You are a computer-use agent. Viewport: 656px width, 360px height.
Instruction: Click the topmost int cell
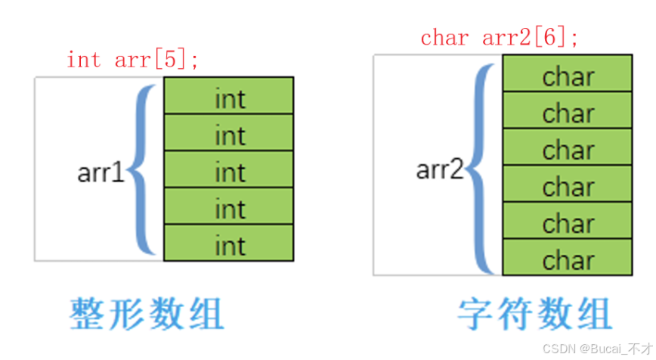pos(229,95)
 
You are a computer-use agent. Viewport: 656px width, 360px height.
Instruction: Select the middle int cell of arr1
pos(229,169)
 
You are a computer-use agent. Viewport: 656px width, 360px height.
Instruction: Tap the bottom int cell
pos(229,243)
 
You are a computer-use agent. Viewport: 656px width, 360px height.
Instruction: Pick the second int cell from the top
pos(229,132)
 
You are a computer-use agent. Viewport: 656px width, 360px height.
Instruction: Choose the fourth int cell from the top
pos(229,206)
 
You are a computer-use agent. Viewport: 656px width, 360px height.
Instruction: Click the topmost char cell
pos(568,73)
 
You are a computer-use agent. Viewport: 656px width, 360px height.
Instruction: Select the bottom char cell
pos(568,257)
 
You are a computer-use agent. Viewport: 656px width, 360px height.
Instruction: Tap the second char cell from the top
pos(568,110)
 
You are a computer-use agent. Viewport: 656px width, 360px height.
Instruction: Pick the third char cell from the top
pos(568,147)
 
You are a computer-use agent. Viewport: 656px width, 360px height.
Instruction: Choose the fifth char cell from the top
pos(568,220)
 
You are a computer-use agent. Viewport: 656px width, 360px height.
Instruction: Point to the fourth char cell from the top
pos(568,183)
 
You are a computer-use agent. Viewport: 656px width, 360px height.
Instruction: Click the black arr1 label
pos(101,172)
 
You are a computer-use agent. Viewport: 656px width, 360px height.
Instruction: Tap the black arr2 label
pos(440,169)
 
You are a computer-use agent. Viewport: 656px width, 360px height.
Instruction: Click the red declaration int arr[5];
pos(132,60)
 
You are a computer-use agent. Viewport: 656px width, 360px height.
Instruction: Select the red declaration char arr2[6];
pos(500,37)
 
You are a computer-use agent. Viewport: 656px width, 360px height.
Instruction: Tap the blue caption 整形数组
pos(147,314)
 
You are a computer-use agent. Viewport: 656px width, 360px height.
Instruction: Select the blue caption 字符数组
pos(535,314)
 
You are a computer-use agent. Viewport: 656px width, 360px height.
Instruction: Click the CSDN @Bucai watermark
pos(598,349)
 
